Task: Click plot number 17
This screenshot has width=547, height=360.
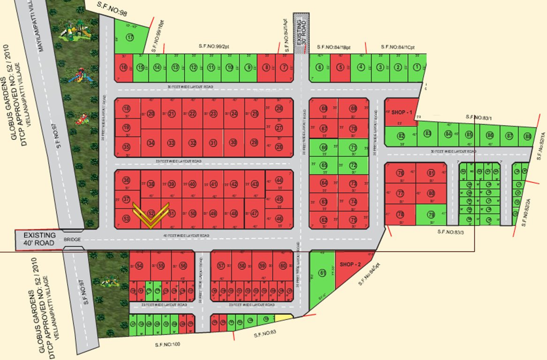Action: pos(129,37)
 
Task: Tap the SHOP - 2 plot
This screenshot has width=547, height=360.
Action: pos(351,264)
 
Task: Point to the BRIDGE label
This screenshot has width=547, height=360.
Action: pos(73,240)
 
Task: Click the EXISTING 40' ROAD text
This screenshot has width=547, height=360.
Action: pos(40,239)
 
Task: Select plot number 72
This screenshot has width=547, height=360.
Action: pos(353,165)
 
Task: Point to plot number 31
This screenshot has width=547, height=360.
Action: pos(213,143)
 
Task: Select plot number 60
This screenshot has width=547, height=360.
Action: pos(283,266)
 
